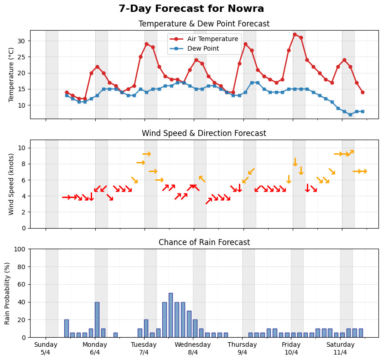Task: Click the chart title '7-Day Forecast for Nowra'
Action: click(191, 9)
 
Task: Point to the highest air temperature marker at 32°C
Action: click(295, 34)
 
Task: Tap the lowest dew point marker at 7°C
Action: click(350, 115)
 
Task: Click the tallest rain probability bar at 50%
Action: click(171, 315)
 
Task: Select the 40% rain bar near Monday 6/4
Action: click(97, 319)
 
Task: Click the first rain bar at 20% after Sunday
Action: click(66, 328)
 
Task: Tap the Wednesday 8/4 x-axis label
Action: click(193, 349)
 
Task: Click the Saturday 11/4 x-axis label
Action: click(340, 349)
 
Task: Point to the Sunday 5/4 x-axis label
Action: click(46, 349)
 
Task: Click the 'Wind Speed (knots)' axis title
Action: click(11, 184)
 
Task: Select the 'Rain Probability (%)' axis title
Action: click(7, 293)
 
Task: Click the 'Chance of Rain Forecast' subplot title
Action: click(204, 242)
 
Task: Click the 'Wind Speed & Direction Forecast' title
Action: click(204, 133)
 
